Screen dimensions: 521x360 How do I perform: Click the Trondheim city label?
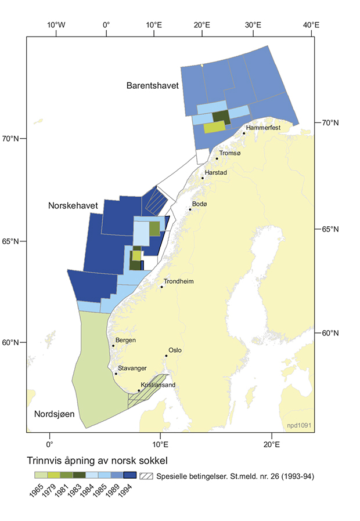[x=178, y=281]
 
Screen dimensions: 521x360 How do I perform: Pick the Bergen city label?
[x=125, y=340]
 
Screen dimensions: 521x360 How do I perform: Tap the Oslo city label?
[x=175, y=350]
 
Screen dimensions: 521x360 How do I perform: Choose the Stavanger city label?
[x=132, y=368]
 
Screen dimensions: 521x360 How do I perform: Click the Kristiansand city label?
[x=158, y=385]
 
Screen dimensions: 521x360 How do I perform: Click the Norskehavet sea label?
[x=73, y=206]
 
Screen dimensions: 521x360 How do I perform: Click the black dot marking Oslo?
[x=167, y=356]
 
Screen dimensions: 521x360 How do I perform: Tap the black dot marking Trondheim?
[x=162, y=287]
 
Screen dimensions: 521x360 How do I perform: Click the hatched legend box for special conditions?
[x=147, y=476]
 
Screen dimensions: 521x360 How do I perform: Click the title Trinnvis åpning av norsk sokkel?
[x=98, y=461]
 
